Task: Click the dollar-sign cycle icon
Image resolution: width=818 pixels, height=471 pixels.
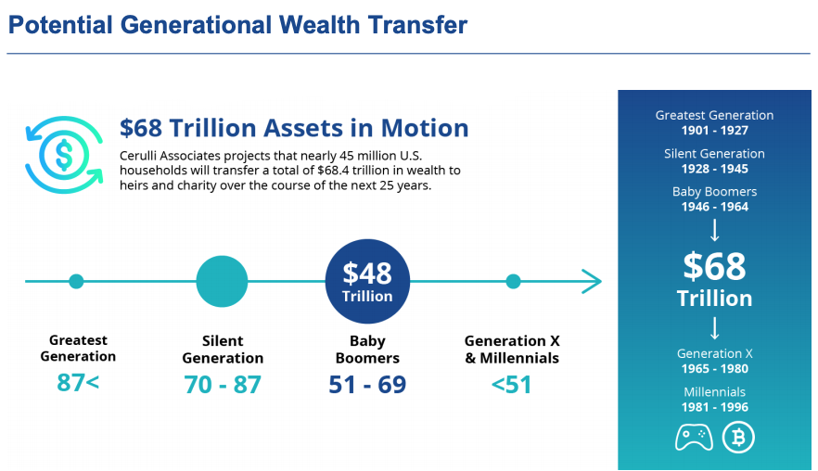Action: (x=64, y=155)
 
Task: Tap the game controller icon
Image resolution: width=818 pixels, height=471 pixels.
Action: (x=694, y=437)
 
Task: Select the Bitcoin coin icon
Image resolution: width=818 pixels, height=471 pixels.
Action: (x=738, y=437)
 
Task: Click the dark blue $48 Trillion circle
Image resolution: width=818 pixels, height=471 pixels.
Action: (x=367, y=281)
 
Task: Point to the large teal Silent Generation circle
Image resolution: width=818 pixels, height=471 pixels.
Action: (x=222, y=281)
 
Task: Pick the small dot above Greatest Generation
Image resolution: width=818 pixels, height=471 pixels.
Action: (x=76, y=281)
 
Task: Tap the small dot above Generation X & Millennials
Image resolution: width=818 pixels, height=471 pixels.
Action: (x=513, y=281)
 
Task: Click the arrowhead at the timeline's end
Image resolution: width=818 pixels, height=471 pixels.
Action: (x=592, y=281)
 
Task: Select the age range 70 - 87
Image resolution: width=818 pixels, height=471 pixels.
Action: (x=223, y=385)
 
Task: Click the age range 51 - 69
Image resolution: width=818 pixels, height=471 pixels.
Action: (x=367, y=385)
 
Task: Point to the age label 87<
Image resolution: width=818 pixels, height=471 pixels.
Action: (x=78, y=382)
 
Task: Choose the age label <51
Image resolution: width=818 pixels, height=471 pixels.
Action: (x=511, y=385)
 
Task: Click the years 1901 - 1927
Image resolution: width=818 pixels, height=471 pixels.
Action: (x=715, y=131)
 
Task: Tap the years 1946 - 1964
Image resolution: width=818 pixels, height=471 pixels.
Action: (x=715, y=207)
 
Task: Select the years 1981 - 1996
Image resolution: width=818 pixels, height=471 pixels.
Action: (x=715, y=407)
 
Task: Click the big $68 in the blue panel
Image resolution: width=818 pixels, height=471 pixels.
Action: (x=715, y=266)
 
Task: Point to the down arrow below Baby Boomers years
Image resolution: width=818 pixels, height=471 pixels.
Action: (x=715, y=230)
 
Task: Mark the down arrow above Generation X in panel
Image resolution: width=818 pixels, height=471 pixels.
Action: (x=715, y=328)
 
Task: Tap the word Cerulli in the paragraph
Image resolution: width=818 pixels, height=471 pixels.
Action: (x=137, y=156)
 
